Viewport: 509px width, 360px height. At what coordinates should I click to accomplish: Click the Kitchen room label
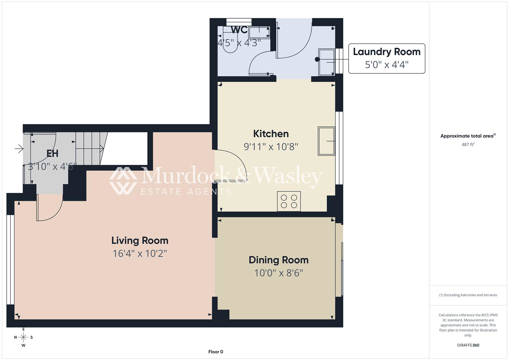[x=271, y=134]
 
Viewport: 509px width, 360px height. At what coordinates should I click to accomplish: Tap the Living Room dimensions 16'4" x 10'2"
[x=140, y=253]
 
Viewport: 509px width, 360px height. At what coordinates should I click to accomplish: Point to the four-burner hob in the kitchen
[x=289, y=201]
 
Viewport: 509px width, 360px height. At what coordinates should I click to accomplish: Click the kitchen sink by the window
[x=326, y=141]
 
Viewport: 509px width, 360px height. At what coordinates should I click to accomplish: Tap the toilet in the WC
[x=230, y=40]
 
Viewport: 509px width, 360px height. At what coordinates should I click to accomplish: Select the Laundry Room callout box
[x=387, y=58]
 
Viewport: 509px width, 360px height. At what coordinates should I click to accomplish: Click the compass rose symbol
[x=23, y=337]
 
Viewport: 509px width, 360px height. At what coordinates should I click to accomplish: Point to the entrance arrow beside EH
[x=19, y=149]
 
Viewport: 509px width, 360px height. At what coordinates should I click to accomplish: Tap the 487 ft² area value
[x=468, y=144]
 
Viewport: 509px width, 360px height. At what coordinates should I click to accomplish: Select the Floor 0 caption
[x=216, y=352]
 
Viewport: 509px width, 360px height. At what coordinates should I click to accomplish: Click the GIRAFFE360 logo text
[x=468, y=345]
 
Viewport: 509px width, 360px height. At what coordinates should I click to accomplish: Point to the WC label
[x=239, y=30]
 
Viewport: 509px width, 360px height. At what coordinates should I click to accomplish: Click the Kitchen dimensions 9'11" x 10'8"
[x=271, y=147]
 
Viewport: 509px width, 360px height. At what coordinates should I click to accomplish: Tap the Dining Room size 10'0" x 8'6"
[x=279, y=273]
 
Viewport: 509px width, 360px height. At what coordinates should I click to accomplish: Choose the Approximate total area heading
[x=468, y=136]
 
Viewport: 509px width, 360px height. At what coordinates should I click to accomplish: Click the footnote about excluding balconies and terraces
[x=468, y=295]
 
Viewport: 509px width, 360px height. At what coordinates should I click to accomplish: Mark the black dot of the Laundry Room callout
[x=317, y=59]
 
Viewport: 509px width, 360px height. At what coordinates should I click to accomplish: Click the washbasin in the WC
[x=259, y=32]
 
